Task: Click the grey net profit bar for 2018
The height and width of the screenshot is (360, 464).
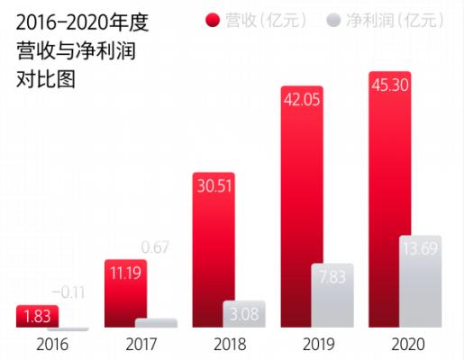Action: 244,315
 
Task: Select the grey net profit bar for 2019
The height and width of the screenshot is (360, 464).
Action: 332,296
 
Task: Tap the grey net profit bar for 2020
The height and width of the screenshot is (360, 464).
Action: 421,282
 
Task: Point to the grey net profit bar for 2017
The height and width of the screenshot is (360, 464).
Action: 156,323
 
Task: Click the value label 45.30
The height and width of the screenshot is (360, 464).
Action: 390,86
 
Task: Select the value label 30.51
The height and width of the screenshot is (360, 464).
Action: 213,187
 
